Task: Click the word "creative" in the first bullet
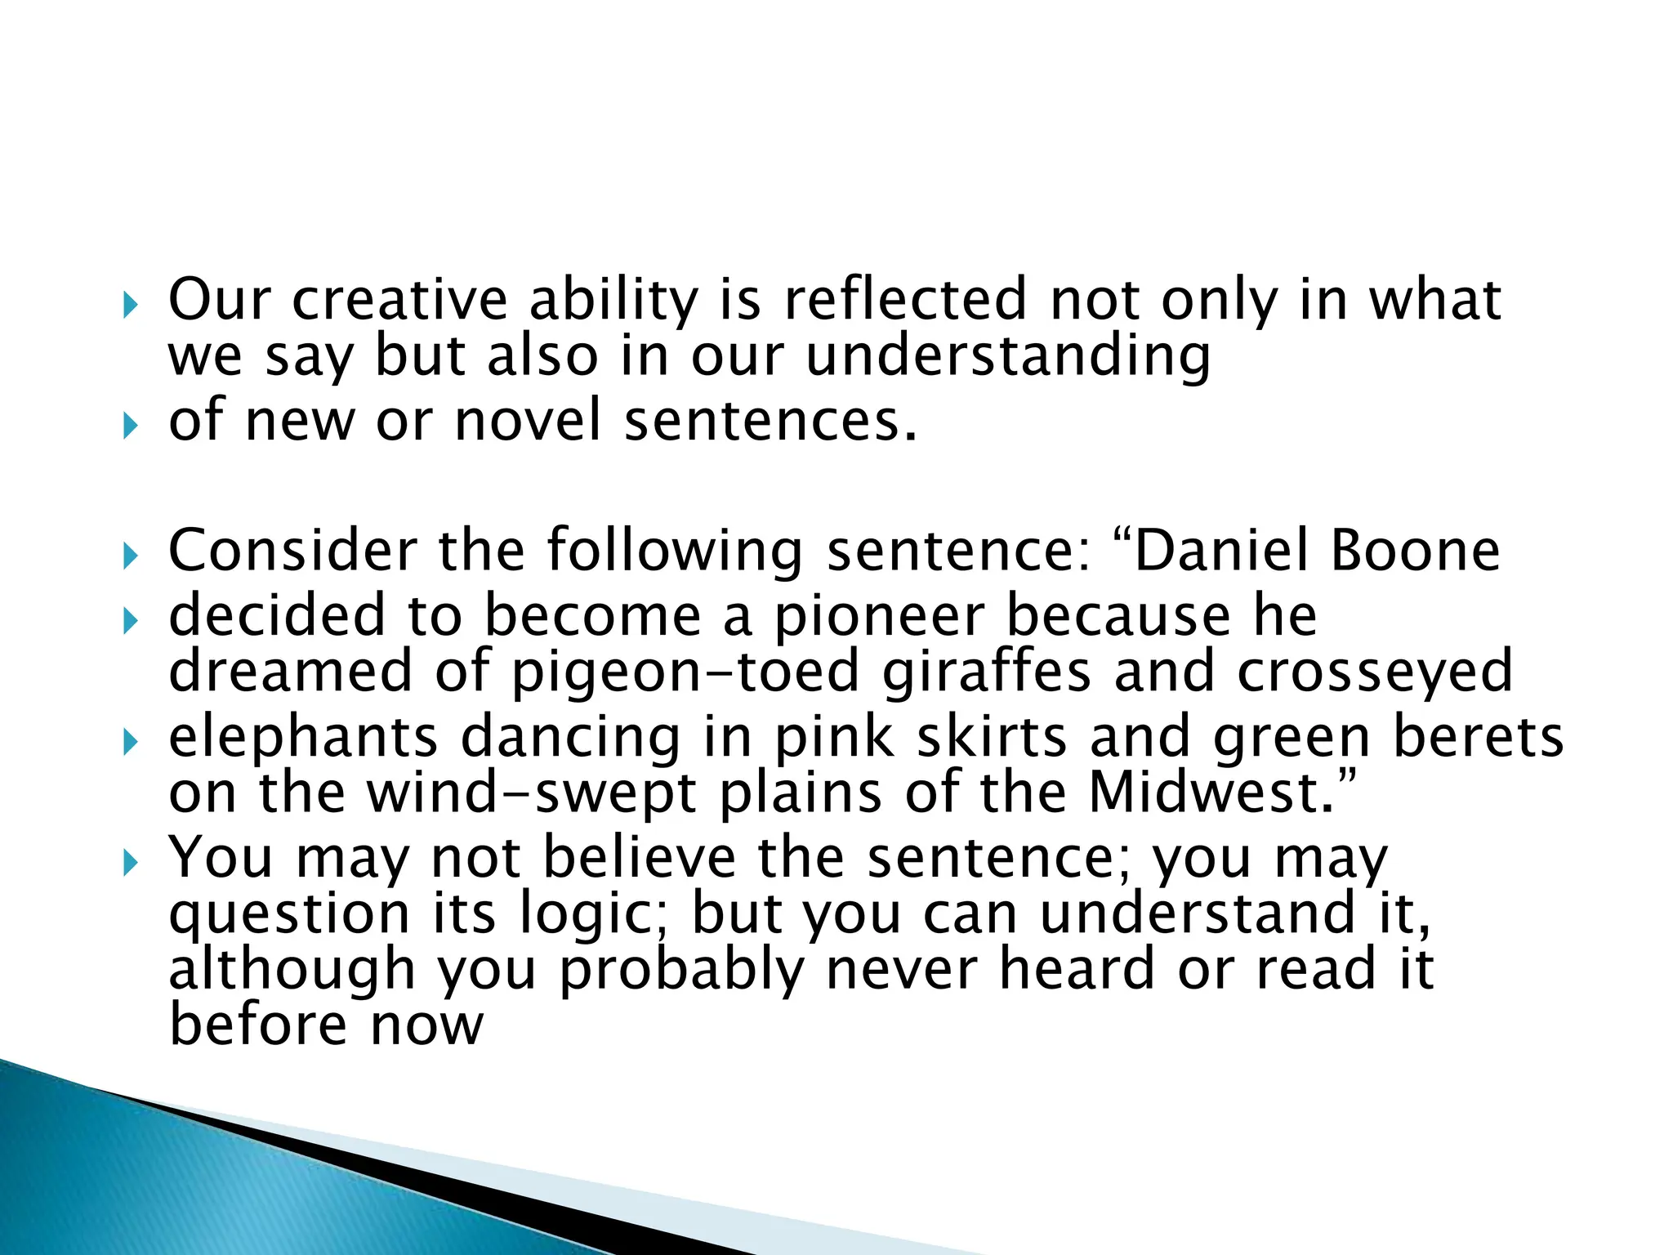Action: point(399,299)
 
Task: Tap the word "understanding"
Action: point(1008,357)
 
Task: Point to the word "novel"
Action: point(527,420)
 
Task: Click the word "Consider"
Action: point(292,550)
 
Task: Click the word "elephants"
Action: point(303,737)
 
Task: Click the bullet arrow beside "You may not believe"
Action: point(131,863)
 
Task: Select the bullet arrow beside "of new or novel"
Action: point(131,426)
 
